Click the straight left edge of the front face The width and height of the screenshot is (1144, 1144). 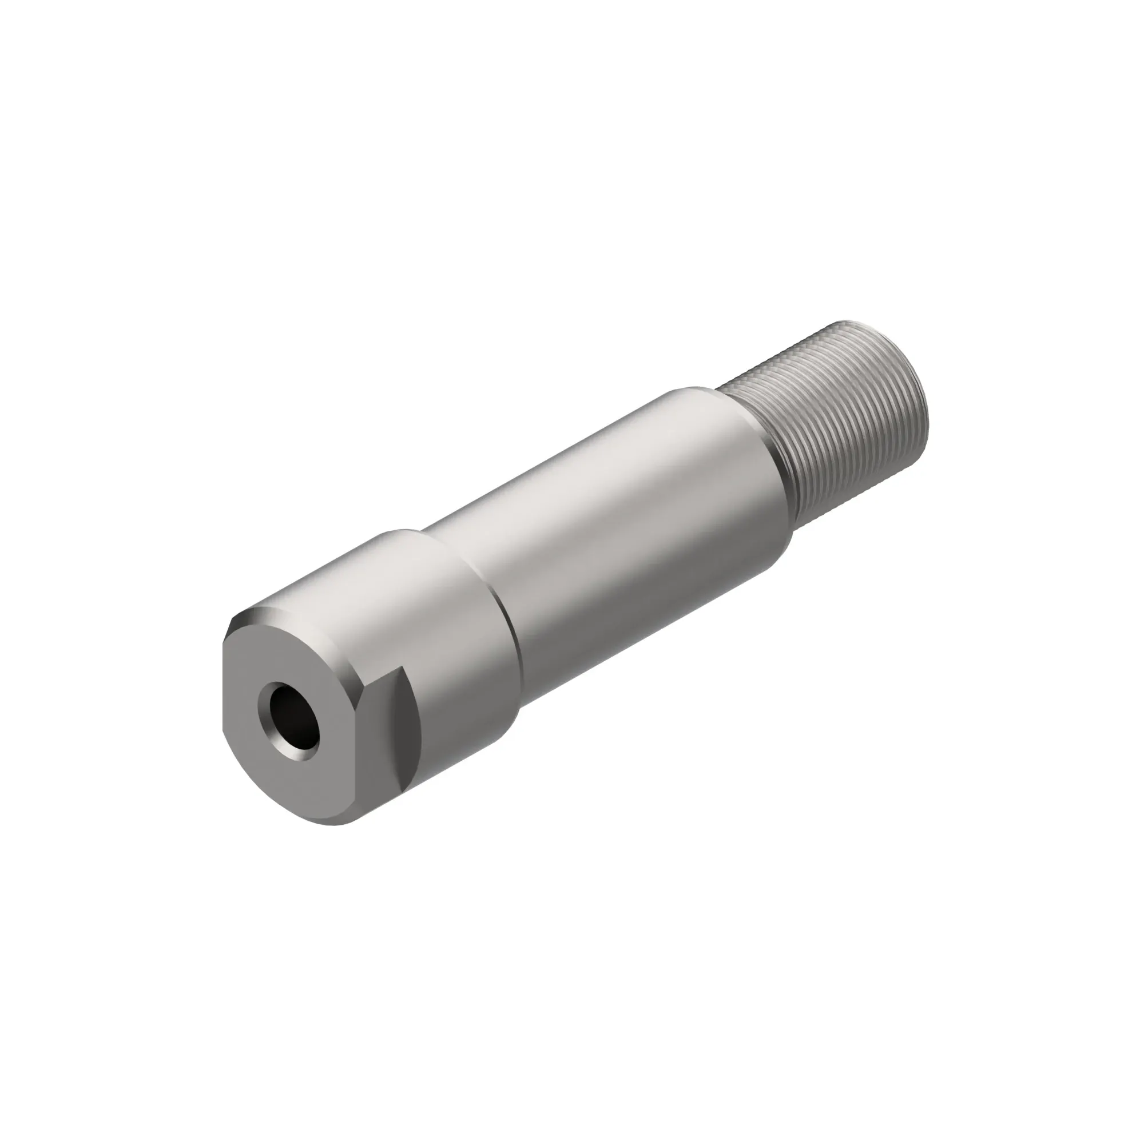point(224,687)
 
